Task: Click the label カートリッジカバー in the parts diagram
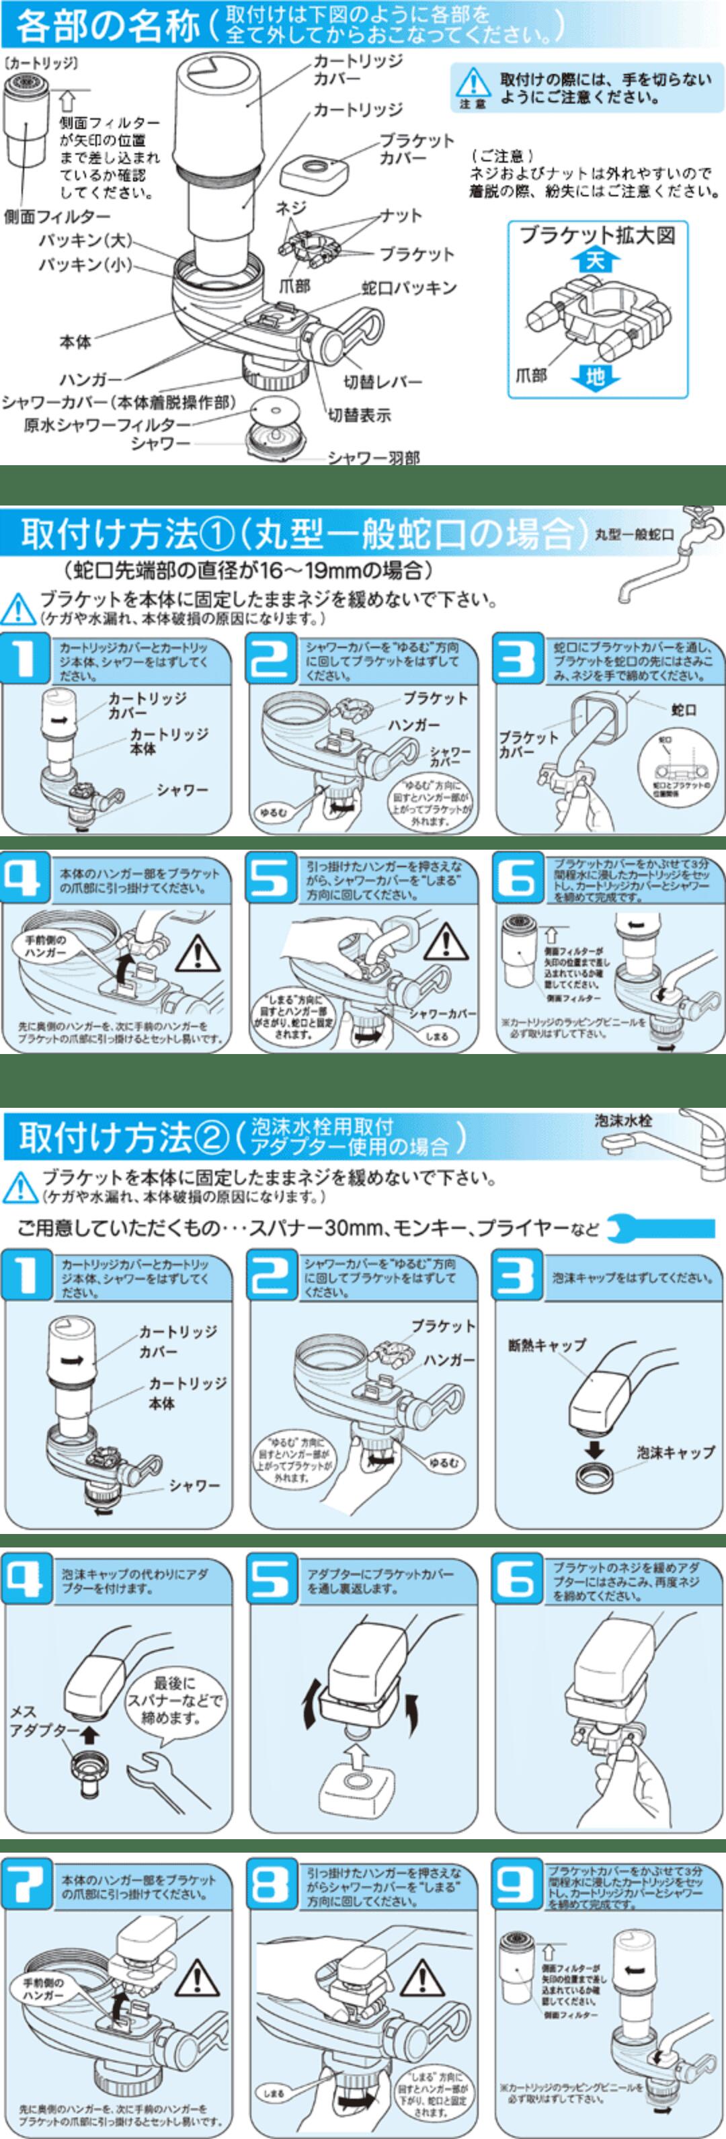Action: tap(357, 70)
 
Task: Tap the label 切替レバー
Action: tap(383, 382)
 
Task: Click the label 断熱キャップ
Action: tap(547, 1345)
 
